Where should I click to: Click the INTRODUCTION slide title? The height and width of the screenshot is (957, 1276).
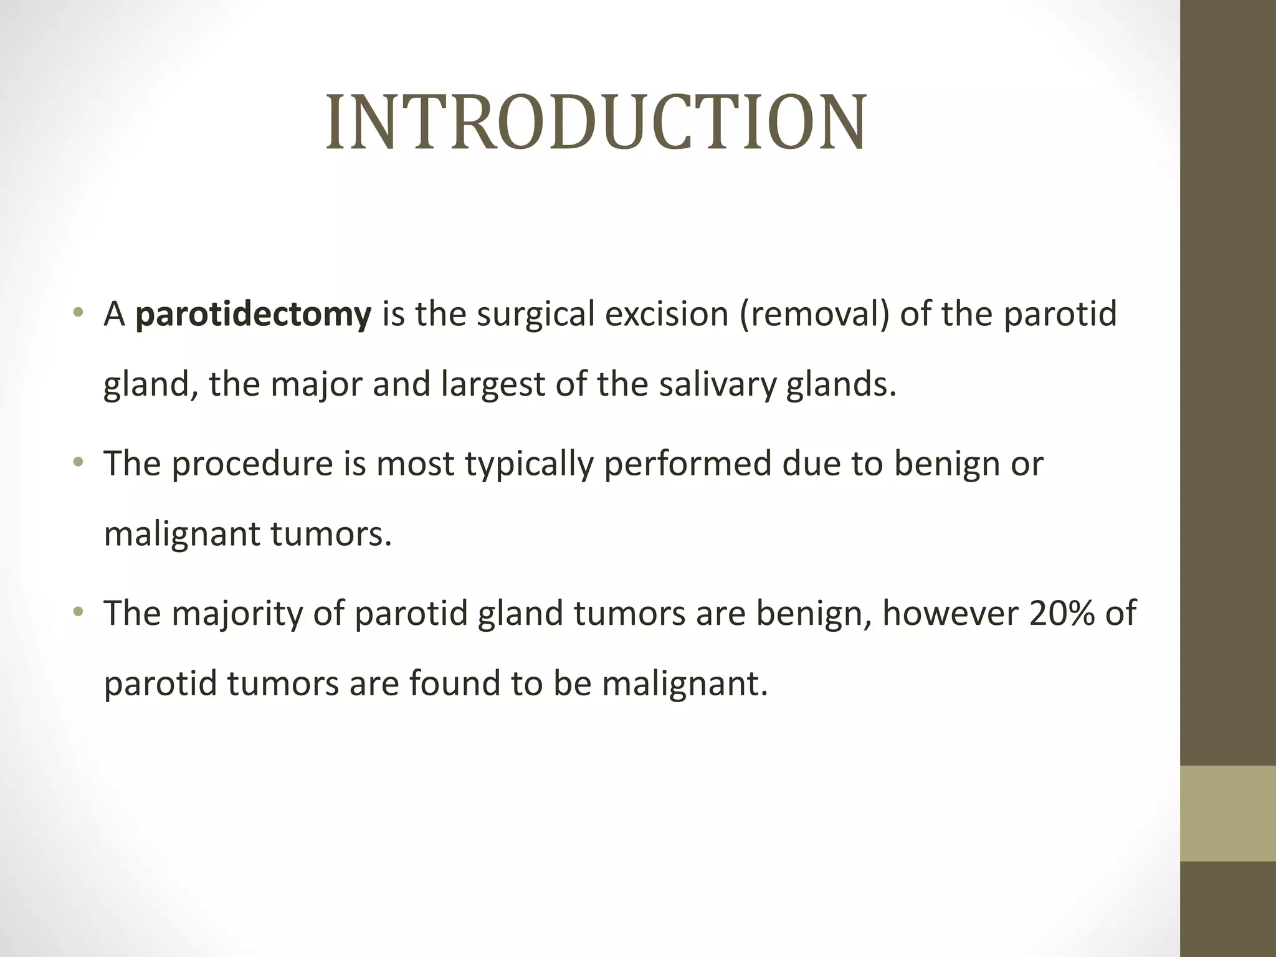pos(596,123)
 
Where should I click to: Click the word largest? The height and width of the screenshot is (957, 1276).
pos(493,384)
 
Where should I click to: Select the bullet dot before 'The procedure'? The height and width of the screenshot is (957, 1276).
pos(78,462)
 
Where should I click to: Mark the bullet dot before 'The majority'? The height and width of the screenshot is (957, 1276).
pos(78,612)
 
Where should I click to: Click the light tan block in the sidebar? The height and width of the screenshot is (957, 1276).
pos(1227,813)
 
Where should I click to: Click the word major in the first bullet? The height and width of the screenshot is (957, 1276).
pos(316,385)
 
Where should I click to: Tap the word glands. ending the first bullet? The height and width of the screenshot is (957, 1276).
pos(840,384)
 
